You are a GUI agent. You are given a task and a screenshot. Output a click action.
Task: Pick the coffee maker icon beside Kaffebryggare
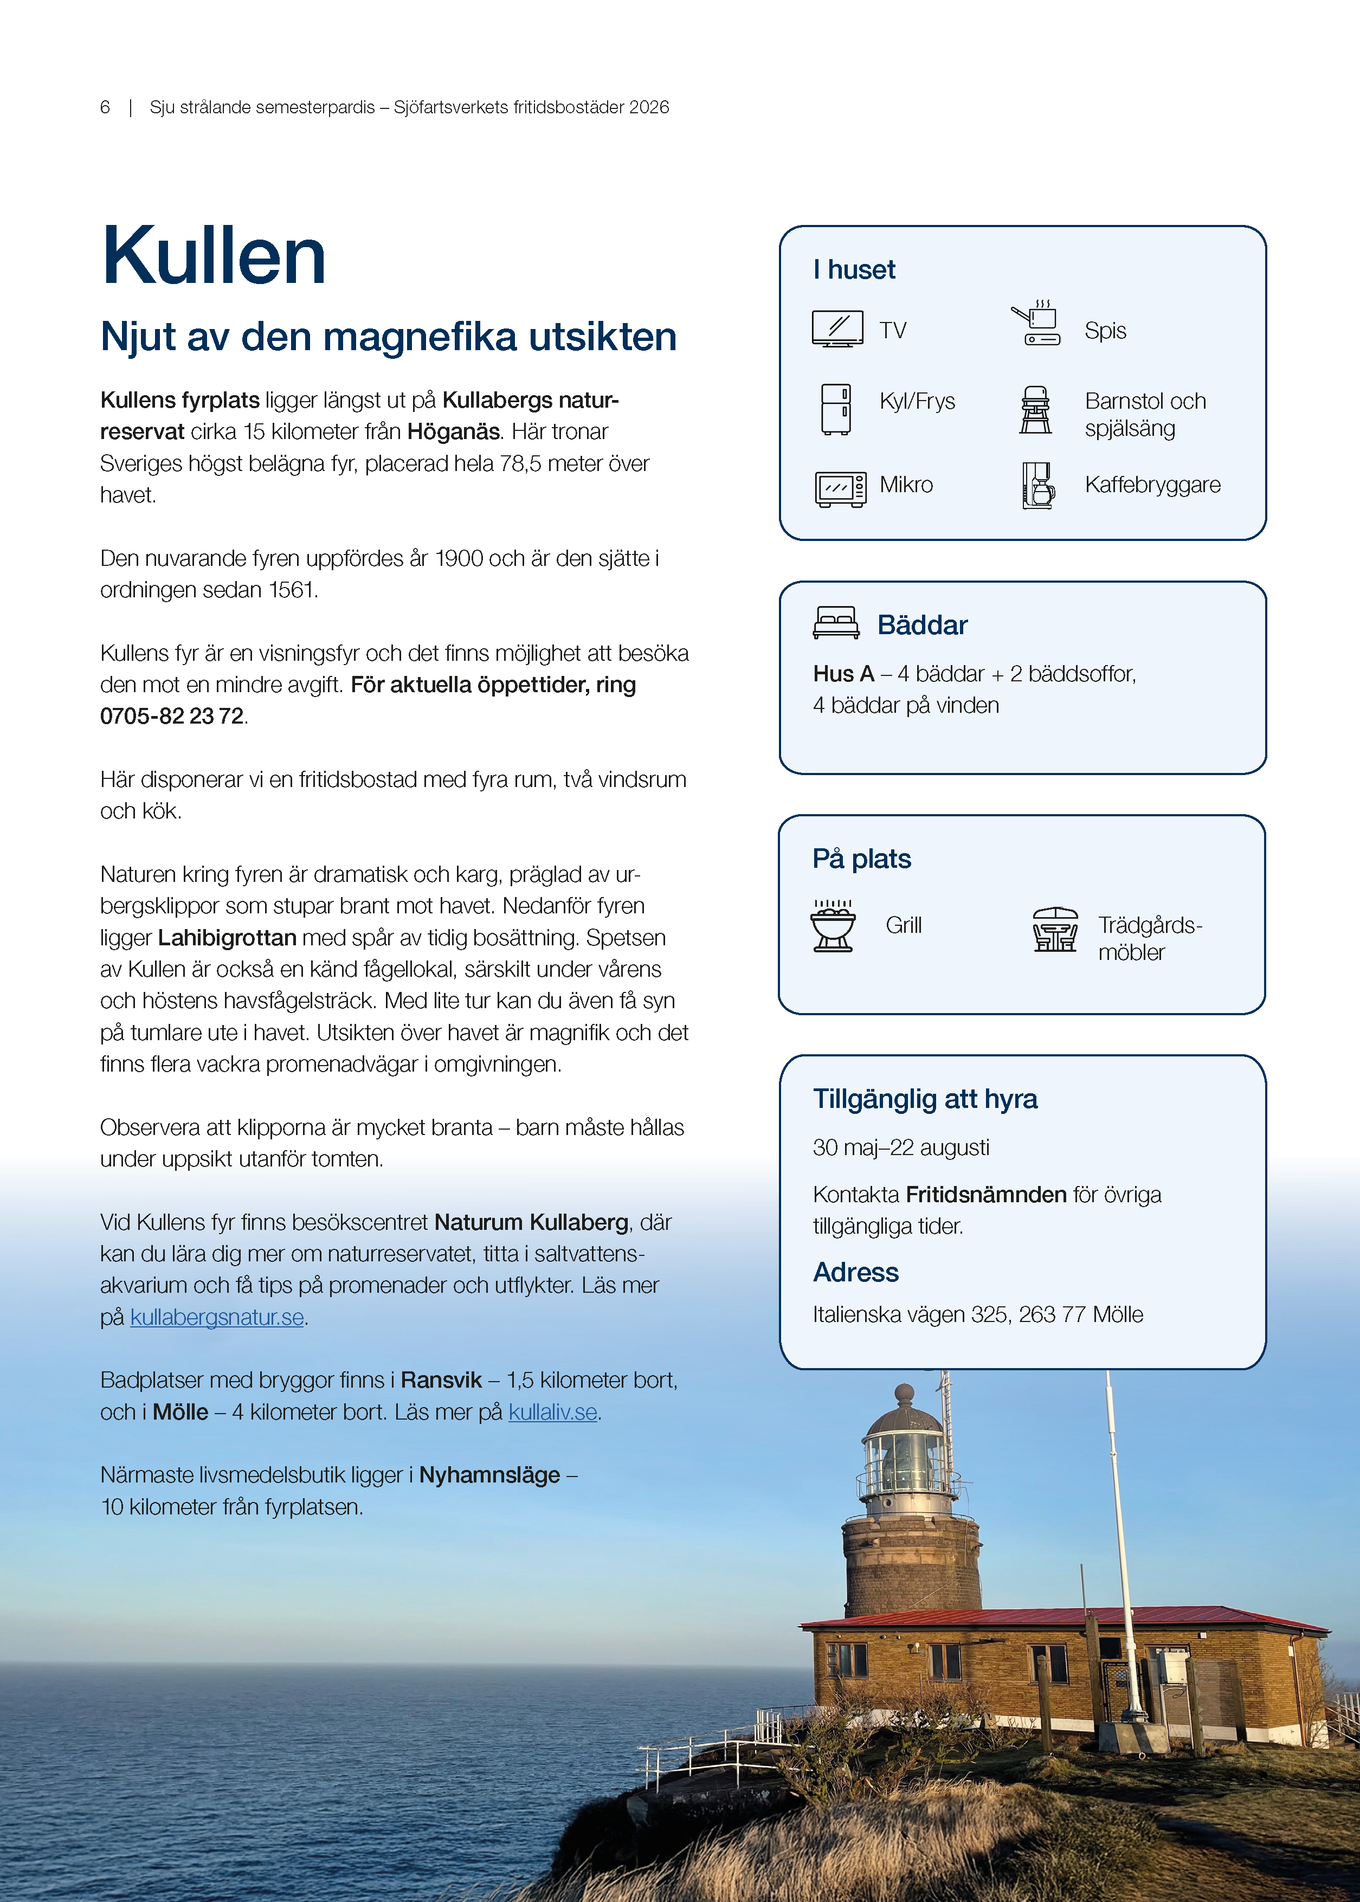coord(1037,486)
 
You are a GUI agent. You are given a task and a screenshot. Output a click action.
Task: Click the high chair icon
coord(1036,410)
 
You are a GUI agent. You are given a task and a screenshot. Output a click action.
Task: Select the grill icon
coord(833,925)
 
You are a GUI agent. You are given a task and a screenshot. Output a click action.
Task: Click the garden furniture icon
coord(1055,930)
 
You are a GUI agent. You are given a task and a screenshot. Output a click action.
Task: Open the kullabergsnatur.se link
coord(217,1317)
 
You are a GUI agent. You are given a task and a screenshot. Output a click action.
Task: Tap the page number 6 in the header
coord(105,107)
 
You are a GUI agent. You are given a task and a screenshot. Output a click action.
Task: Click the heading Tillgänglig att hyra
coord(925,1099)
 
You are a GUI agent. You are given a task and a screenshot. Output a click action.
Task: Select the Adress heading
coord(855,1272)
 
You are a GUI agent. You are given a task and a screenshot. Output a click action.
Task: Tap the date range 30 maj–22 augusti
coord(901,1147)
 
